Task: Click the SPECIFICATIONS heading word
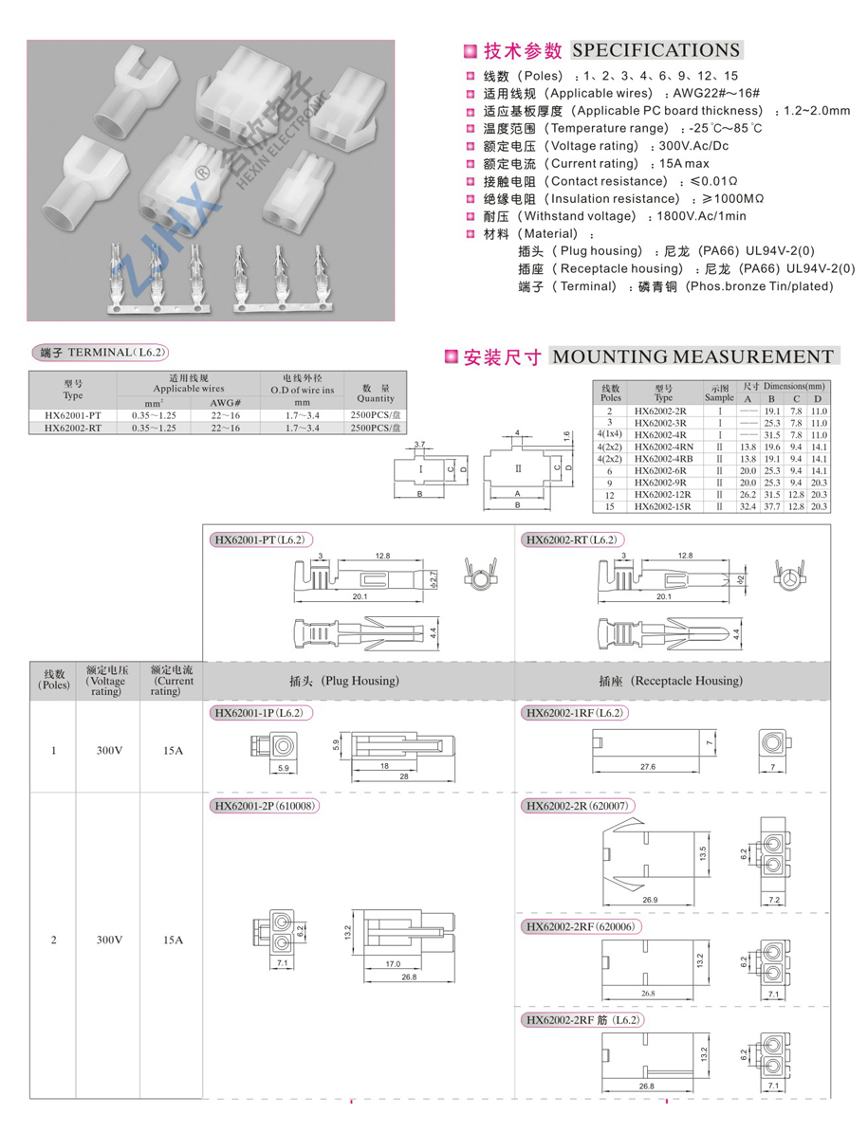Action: tap(656, 50)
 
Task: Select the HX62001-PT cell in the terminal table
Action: tap(72, 415)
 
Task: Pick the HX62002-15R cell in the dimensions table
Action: tap(662, 507)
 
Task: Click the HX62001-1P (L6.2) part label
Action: tap(259, 713)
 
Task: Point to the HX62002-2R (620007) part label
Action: tap(579, 806)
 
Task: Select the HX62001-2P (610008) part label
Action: tap(264, 806)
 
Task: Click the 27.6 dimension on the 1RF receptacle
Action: tap(648, 766)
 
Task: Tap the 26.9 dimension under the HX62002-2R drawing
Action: tap(650, 900)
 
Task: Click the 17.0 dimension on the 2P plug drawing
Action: tap(393, 964)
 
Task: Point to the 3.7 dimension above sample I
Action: tap(421, 444)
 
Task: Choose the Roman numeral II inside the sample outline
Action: tap(518, 468)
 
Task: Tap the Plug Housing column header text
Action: tap(343, 681)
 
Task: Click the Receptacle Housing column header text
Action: tap(671, 681)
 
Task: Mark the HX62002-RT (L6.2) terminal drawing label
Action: tap(573, 540)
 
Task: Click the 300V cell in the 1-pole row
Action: tap(108, 751)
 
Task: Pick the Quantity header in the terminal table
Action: tap(376, 393)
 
